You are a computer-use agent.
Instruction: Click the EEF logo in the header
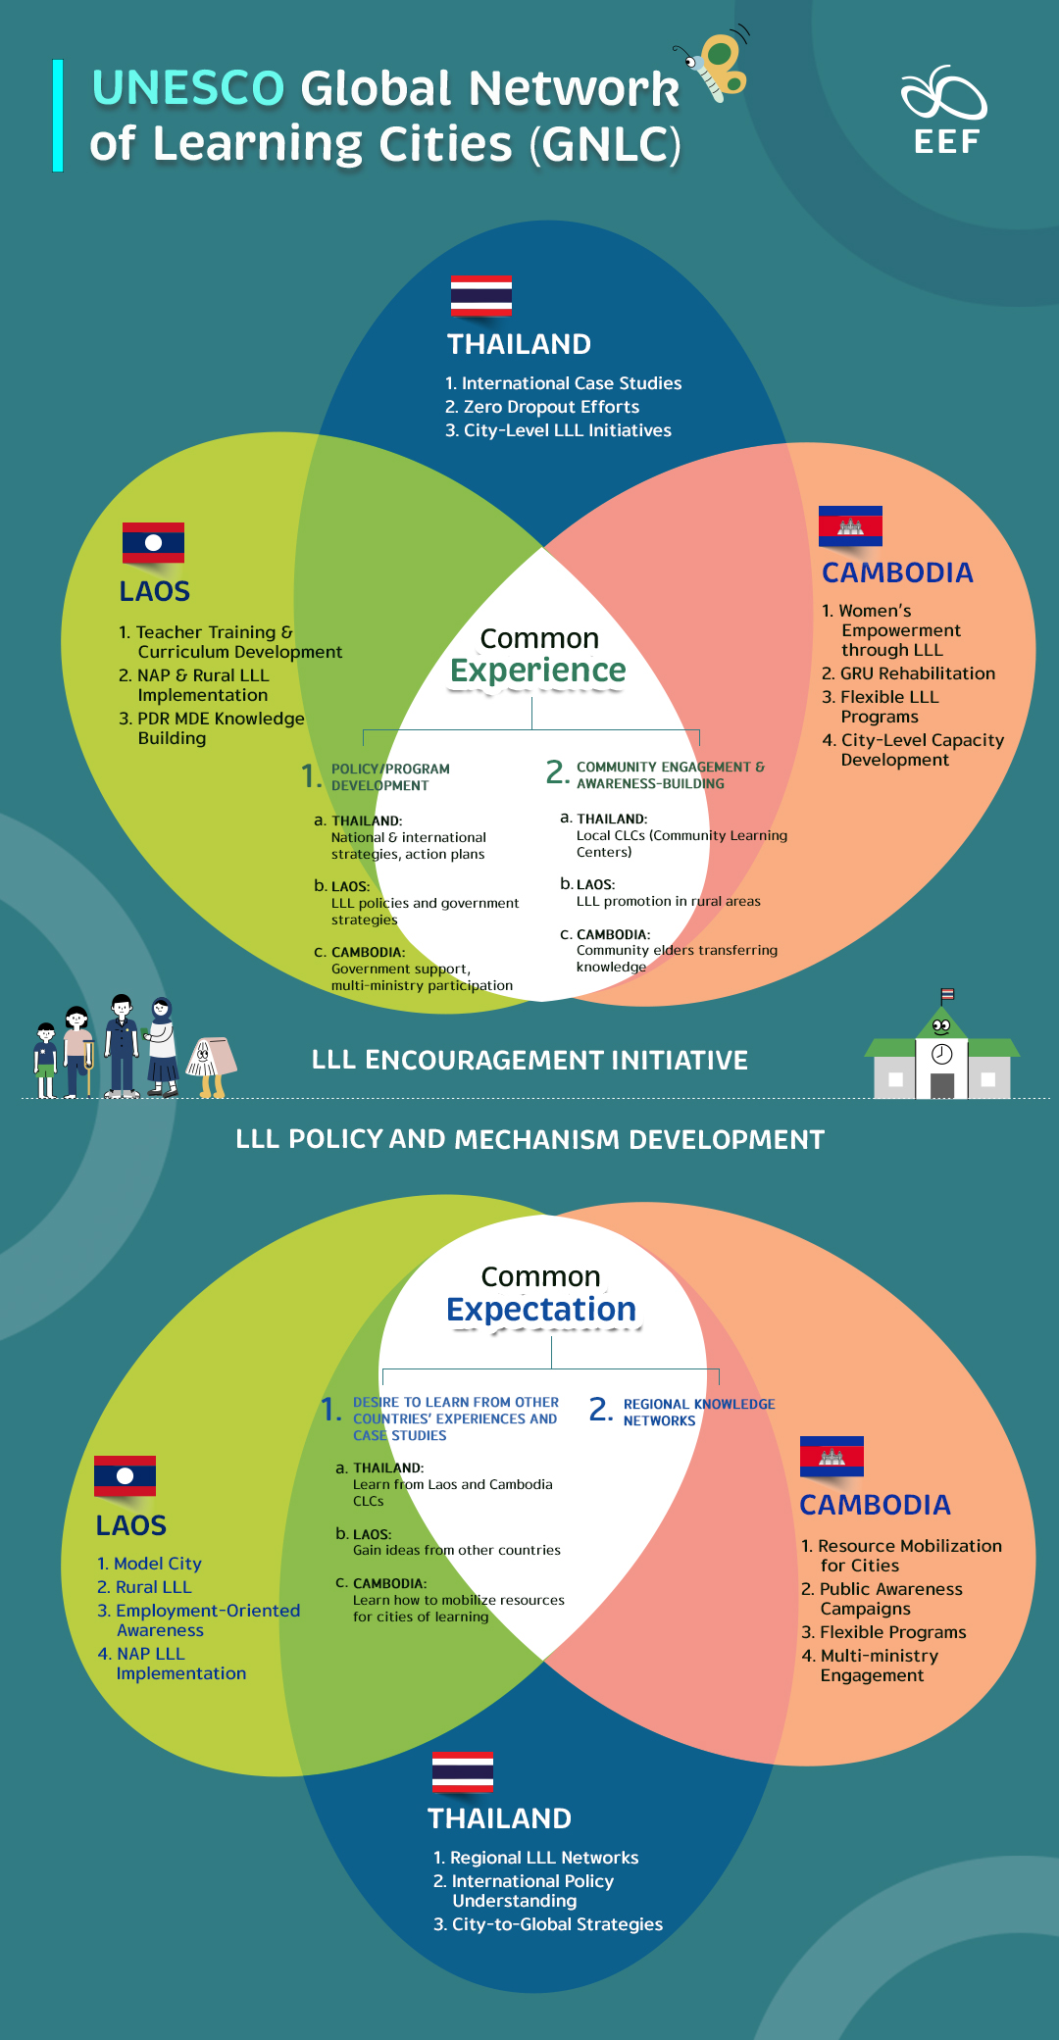[944, 111]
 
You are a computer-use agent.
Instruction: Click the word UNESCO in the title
[188, 88]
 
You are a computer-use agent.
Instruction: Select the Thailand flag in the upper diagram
[480, 295]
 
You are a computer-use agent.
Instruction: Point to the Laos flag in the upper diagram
[153, 542]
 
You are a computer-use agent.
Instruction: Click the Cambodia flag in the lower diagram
[832, 1456]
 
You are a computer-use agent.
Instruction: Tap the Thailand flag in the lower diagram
[463, 1772]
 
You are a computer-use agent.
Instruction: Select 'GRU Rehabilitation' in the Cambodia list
[917, 673]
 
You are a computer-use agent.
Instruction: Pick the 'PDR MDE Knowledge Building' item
[220, 728]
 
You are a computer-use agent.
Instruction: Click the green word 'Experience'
[537, 671]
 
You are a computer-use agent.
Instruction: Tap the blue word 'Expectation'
[541, 1310]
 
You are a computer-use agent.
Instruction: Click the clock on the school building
[941, 1054]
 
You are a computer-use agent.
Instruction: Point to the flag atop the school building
[947, 995]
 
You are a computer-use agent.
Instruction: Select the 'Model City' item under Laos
[157, 1564]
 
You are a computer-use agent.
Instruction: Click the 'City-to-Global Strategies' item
[556, 1924]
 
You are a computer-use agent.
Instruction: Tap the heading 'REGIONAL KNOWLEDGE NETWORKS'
[698, 1413]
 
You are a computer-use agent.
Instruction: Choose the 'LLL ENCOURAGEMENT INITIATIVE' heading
[529, 1060]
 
